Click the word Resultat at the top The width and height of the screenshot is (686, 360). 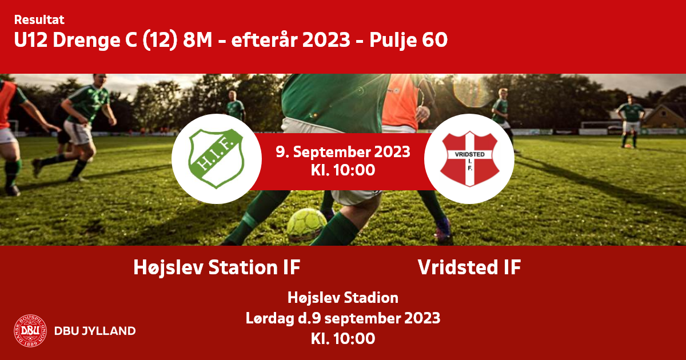(x=39, y=20)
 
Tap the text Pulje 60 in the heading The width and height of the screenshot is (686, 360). (x=409, y=40)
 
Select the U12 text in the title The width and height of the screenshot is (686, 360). (x=31, y=40)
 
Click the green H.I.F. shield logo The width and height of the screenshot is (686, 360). (x=217, y=159)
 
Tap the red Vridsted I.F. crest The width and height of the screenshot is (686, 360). (x=469, y=159)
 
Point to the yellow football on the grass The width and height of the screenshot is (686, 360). (x=306, y=225)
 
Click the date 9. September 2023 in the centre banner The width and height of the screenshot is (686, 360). (x=343, y=152)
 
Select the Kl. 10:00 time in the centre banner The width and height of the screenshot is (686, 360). (x=343, y=170)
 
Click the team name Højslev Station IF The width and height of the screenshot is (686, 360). (x=217, y=267)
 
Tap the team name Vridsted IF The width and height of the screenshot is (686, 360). (x=469, y=267)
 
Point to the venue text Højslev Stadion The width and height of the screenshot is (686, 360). (x=343, y=298)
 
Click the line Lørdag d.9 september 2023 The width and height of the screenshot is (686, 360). (x=343, y=318)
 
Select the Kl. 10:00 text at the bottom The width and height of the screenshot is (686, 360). (x=343, y=339)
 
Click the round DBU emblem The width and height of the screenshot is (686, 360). (x=30, y=331)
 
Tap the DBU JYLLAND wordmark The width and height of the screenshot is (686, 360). (x=95, y=331)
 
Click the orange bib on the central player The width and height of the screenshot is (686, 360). (x=401, y=101)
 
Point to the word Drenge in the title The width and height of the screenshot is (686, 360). (x=86, y=41)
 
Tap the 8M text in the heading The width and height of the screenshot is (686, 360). (x=198, y=40)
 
